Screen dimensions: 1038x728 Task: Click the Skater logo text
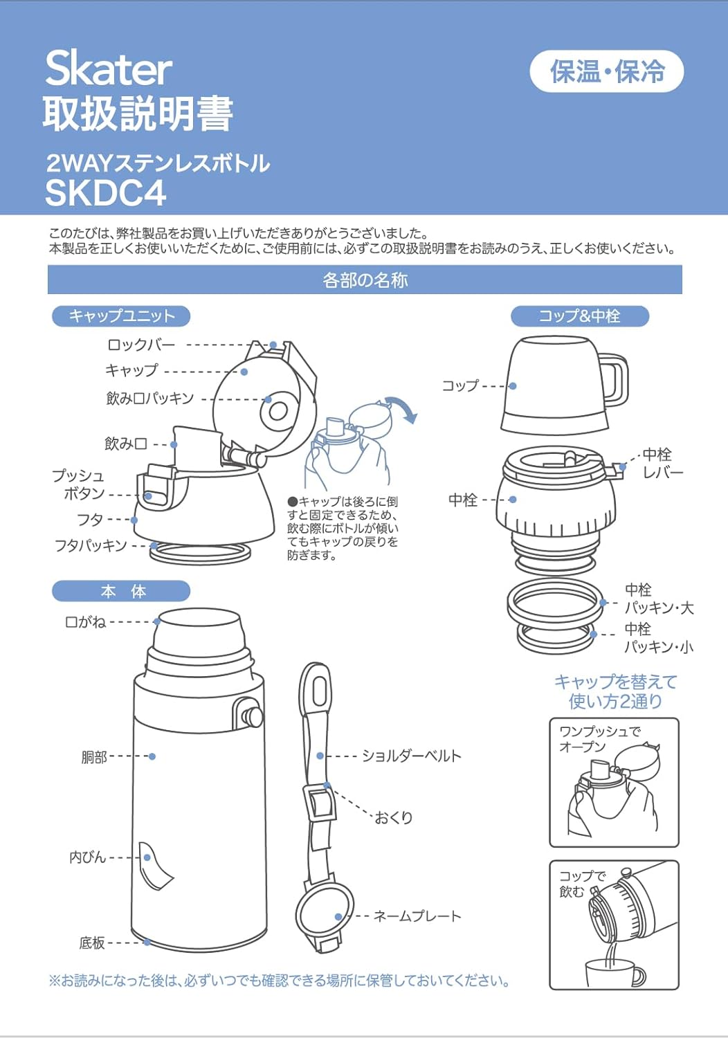[109, 69]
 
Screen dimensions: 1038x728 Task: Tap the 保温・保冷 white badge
[606, 71]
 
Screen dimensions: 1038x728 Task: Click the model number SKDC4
[105, 193]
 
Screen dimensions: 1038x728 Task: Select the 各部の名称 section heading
[365, 280]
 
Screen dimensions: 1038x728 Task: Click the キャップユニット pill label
[121, 316]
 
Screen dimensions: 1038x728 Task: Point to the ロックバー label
[141, 345]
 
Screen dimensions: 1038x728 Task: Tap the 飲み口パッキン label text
[149, 399]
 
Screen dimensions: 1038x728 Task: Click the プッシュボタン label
[78, 484]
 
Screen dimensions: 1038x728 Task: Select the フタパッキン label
[91, 546]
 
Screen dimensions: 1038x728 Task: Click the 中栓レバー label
[662, 464]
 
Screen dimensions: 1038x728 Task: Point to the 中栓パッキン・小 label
[657, 638]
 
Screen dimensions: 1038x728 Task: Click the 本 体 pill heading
[121, 592]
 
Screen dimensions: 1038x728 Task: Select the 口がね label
[85, 622]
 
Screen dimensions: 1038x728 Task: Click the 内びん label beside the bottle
[87, 857]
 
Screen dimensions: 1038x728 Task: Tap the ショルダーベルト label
[411, 756]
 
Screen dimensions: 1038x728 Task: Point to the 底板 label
[92, 943]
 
